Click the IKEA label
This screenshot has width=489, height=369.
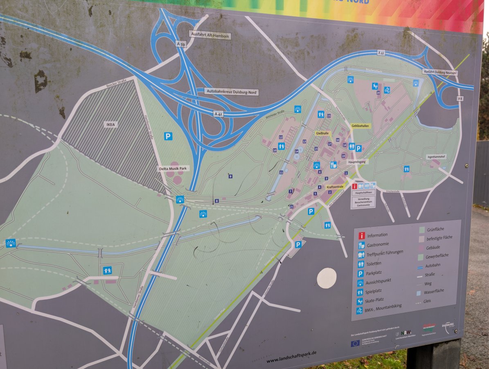point(110,124)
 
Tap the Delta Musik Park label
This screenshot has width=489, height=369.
point(174,169)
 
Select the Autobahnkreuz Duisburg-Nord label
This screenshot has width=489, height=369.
point(232,92)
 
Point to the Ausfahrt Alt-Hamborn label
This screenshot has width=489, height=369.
point(210,36)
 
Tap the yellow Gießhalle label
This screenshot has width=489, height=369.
point(322,133)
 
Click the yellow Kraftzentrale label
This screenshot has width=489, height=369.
point(335,187)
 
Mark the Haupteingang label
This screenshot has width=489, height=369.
point(357,162)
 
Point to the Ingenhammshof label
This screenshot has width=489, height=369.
point(437,156)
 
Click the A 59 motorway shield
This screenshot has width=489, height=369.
point(181,43)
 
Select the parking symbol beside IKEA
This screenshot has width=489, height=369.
point(168,136)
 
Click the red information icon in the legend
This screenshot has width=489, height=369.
point(362,236)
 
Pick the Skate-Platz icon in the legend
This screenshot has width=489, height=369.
point(360,301)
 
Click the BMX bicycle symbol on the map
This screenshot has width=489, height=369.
point(387,90)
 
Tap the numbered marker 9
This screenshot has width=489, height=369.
point(230,176)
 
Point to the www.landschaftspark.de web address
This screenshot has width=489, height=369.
point(291,357)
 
